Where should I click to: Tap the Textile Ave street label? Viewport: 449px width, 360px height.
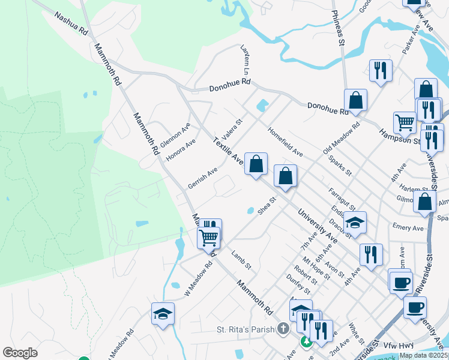[x=228, y=151]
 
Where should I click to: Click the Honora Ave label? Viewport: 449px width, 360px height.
[x=181, y=151]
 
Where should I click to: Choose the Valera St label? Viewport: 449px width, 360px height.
[x=232, y=128]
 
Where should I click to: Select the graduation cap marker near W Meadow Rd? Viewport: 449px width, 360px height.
[x=163, y=314]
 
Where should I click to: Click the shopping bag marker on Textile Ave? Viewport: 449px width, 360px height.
[x=256, y=163]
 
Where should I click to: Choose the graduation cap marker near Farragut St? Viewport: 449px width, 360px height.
[x=355, y=223]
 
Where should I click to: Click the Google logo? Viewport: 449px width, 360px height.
[x=20, y=353]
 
